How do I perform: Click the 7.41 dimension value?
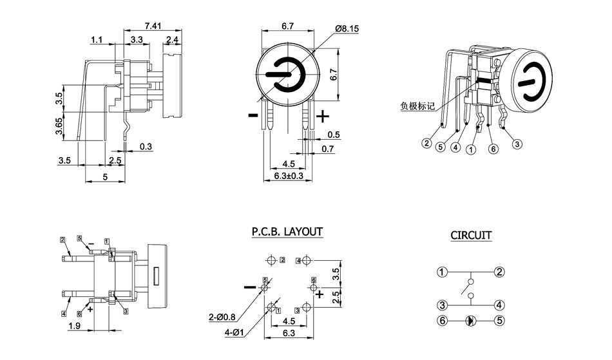pyautogui.click(x=153, y=25)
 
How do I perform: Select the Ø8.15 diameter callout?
pyautogui.click(x=349, y=29)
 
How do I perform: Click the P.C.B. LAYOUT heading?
pyautogui.click(x=287, y=231)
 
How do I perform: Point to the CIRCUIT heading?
pyautogui.click(x=470, y=236)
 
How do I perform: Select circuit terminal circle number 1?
pyautogui.click(x=442, y=272)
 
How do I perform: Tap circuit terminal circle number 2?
pyautogui.click(x=499, y=272)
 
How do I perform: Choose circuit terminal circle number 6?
pyautogui.click(x=442, y=319)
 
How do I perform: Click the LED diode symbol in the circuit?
pyautogui.click(x=471, y=319)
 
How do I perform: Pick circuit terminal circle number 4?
pyautogui.click(x=499, y=305)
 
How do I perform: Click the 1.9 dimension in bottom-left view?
pyautogui.click(x=73, y=327)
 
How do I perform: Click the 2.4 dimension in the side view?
pyautogui.click(x=172, y=40)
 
